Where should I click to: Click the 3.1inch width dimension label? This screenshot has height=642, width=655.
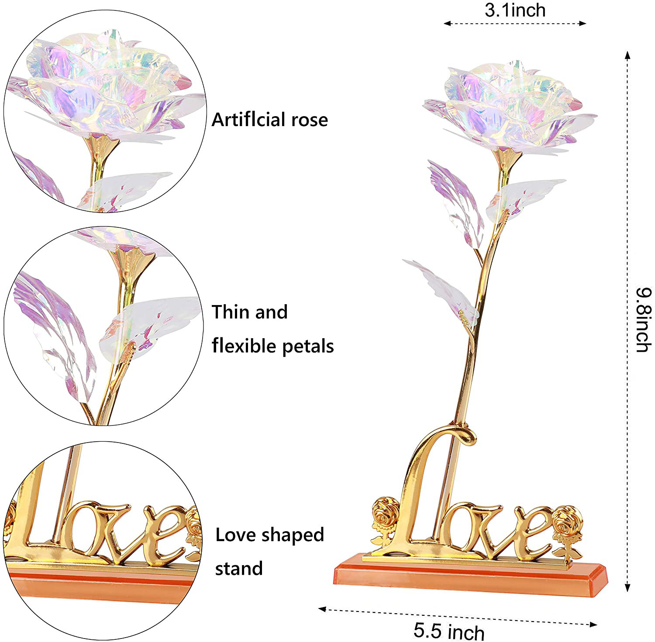tap(515, 10)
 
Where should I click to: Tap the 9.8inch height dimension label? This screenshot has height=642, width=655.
tap(644, 319)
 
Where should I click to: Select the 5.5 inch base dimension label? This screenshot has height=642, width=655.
tap(449, 631)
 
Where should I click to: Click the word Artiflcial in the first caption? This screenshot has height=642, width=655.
tap(249, 119)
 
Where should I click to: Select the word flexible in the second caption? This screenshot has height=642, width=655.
tap(245, 346)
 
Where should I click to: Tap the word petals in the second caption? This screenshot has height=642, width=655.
tap(308, 347)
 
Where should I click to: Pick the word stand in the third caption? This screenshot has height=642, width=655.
tap(239, 569)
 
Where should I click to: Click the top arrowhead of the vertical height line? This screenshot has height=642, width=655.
tap(627, 55)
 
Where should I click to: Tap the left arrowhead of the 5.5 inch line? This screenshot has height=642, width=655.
tap(322, 609)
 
